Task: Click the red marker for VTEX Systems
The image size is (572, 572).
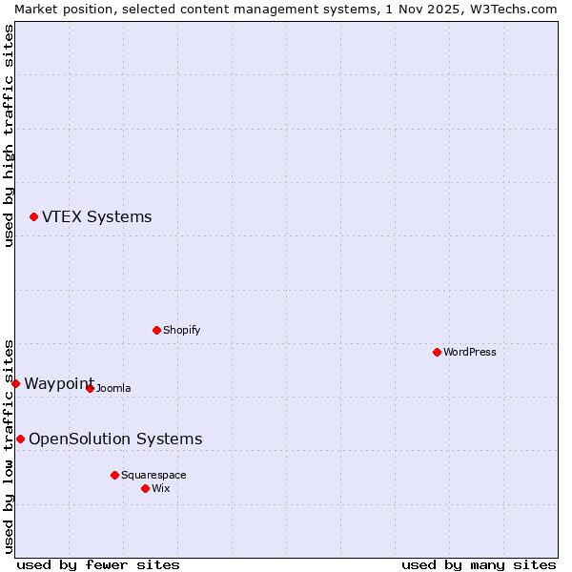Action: [x=33, y=217]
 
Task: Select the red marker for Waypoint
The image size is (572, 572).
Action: [x=15, y=383]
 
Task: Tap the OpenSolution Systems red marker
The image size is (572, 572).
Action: [x=20, y=439]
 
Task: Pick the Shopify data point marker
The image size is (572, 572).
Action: [x=156, y=330]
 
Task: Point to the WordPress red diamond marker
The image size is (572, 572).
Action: [x=437, y=352]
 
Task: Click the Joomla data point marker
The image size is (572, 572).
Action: [x=90, y=388]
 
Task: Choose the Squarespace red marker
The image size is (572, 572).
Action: [x=114, y=475]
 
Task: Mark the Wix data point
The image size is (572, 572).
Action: [x=145, y=488]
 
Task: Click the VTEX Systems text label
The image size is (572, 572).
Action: [x=96, y=217]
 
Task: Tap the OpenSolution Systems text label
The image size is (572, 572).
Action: [x=115, y=439]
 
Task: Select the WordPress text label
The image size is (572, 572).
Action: [x=469, y=352]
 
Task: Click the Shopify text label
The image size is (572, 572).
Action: [x=181, y=330]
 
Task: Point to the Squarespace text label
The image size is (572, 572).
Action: [x=153, y=475]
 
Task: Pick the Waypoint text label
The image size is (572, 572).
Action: [x=58, y=383]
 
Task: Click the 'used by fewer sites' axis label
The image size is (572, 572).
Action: [x=98, y=564]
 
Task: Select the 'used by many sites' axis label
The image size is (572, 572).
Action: [x=479, y=564]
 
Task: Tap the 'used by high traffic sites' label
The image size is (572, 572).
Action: [x=9, y=135]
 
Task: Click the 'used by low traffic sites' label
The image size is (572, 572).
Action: [x=9, y=446]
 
